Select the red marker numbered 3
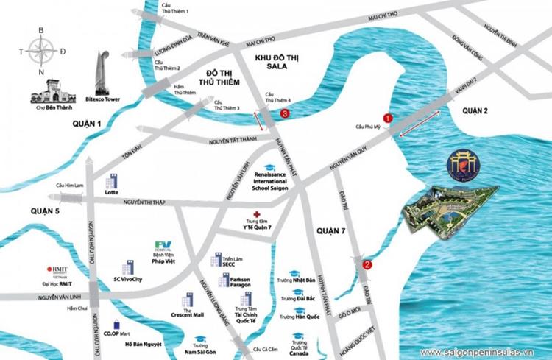[284, 114]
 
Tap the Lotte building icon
[112, 181]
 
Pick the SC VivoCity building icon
[130, 267]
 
